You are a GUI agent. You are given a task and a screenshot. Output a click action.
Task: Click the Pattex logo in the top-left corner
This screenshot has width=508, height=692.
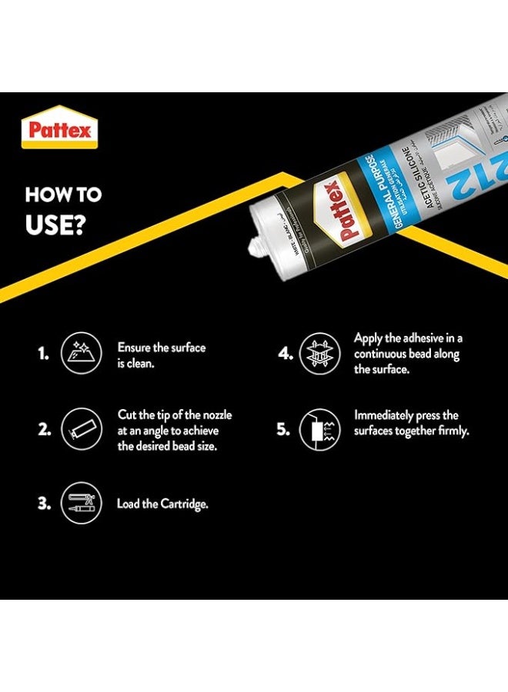click(59, 128)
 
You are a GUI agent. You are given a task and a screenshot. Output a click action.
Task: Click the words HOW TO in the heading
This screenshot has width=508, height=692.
click(63, 195)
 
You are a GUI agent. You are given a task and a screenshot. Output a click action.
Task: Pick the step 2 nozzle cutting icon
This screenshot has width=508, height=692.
click(79, 430)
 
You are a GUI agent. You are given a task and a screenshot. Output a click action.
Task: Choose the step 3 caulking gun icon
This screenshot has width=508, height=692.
click(79, 504)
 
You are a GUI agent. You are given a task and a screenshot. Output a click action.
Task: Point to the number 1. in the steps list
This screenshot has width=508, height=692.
click(43, 354)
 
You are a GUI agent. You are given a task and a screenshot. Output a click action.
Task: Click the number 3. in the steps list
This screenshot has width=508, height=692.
click(43, 505)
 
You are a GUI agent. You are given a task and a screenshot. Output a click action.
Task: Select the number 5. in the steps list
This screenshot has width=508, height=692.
click(283, 430)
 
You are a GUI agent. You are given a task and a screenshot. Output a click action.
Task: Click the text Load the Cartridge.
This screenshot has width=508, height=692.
click(162, 504)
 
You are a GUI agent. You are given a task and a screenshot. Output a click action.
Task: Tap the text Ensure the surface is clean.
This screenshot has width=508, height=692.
click(161, 354)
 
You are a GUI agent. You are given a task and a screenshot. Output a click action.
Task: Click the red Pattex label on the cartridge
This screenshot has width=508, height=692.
click(337, 211)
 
